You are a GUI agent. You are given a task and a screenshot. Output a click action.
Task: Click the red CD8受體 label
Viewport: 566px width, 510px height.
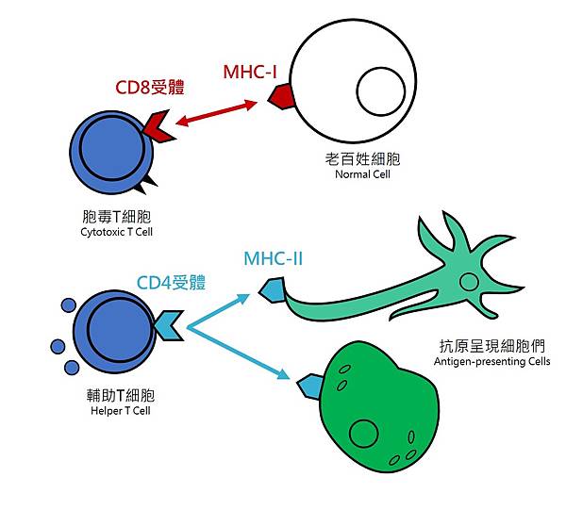tap(149, 89)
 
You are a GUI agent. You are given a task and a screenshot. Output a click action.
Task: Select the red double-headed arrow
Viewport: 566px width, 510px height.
tap(216, 115)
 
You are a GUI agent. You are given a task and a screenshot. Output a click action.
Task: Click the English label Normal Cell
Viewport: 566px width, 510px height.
tap(362, 174)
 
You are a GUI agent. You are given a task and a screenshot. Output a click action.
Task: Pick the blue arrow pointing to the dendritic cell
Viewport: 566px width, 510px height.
tap(221, 310)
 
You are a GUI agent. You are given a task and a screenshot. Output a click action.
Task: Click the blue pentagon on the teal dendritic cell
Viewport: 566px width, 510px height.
tap(274, 290)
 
